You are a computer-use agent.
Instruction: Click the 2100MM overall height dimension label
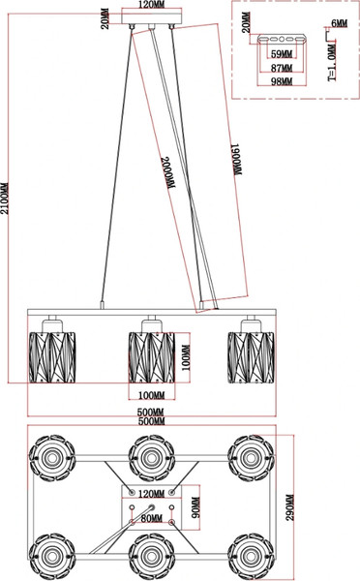5,199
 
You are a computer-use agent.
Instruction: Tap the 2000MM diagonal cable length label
167,173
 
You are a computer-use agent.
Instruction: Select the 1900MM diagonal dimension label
237,160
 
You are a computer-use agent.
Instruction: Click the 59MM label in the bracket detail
282,54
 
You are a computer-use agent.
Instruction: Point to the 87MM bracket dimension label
282,68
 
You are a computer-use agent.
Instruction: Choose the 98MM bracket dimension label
282,81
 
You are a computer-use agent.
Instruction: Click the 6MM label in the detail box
340,23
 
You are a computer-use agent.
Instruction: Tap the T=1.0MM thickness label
332,62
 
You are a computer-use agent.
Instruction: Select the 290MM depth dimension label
290,507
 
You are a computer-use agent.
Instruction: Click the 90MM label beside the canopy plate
195,507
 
